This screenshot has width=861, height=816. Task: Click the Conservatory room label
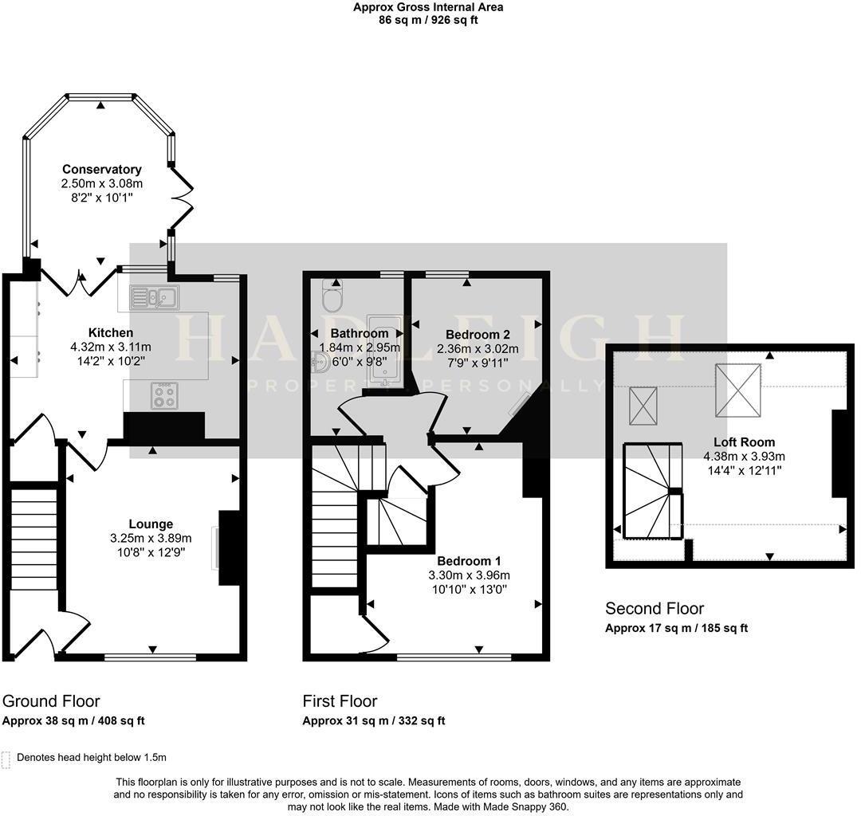[x=102, y=169]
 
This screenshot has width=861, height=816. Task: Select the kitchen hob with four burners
[x=164, y=396]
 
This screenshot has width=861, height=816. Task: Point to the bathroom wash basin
[x=322, y=364]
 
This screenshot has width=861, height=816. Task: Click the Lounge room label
[x=151, y=524]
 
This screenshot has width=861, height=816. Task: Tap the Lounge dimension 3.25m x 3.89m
[x=151, y=538]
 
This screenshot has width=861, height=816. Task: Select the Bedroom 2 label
[x=478, y=334]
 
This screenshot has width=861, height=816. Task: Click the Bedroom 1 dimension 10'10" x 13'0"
[x=469, y=589]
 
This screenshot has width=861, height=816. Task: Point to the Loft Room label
[x=744, y=441]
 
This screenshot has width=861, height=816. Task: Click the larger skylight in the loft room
[x=737, y=390]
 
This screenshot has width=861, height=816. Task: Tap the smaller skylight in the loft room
[x=643, y=406]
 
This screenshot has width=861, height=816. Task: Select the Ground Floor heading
[x=51, y=701]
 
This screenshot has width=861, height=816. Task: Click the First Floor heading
[x=340, y=701]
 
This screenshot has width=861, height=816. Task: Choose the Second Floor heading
[x=655, y=609]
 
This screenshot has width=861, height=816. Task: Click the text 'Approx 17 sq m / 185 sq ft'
[x=676, y=628]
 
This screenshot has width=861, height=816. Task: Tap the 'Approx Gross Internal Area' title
[x=428, y=7]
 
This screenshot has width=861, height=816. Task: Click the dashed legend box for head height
[x=7, y=759]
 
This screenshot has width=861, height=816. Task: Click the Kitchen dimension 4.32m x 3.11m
[x=111, y=347]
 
